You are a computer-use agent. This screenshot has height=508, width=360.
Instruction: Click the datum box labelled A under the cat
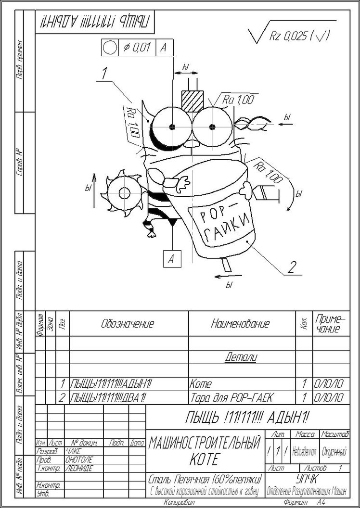coord(171,258)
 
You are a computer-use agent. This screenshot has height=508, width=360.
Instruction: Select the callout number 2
coord(291,266)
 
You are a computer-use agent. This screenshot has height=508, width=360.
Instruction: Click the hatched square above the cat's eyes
coord(192,101)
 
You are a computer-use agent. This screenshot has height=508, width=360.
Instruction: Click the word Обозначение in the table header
coord(128,324)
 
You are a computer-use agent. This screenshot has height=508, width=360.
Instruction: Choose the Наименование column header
coord(240,324)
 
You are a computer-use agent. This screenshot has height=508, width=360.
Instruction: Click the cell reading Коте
coord(201,384)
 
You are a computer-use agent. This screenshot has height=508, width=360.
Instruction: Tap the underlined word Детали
coord(241,357)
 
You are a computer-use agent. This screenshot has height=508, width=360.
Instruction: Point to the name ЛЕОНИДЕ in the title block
coord(78,468)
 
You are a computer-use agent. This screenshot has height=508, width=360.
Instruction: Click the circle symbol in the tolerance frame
coord(110,47)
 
